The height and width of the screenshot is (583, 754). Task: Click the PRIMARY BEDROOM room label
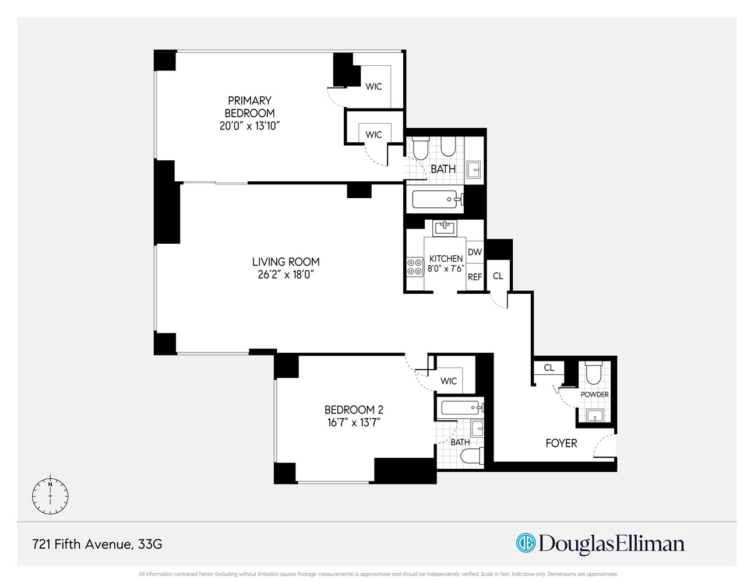[249, 107]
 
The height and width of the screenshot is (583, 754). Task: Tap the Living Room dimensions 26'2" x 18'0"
[286, 275]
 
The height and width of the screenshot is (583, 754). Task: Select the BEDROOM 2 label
[354, 410]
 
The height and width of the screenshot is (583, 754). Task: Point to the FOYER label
[561, 443]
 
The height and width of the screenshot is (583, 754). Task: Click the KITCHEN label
[446, 258]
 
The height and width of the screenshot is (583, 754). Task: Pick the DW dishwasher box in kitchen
[475, 252]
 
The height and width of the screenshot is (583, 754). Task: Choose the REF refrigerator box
[475, 277]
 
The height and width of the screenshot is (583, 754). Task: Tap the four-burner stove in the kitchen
[415, 267]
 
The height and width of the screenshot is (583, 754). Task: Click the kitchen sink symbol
[445, 227]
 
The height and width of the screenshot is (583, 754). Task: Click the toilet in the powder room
[593, 374]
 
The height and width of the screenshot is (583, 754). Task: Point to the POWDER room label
[594, 395]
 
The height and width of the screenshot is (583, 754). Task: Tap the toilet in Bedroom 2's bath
[472, 457]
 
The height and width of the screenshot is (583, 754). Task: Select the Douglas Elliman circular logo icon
[526, 543]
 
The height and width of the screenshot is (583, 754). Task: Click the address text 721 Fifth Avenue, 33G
[97, 544]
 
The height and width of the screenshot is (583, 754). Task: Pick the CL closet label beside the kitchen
[498, 276]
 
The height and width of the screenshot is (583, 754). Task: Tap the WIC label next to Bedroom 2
[448, 381]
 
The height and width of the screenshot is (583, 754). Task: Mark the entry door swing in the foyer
[604, 447]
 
